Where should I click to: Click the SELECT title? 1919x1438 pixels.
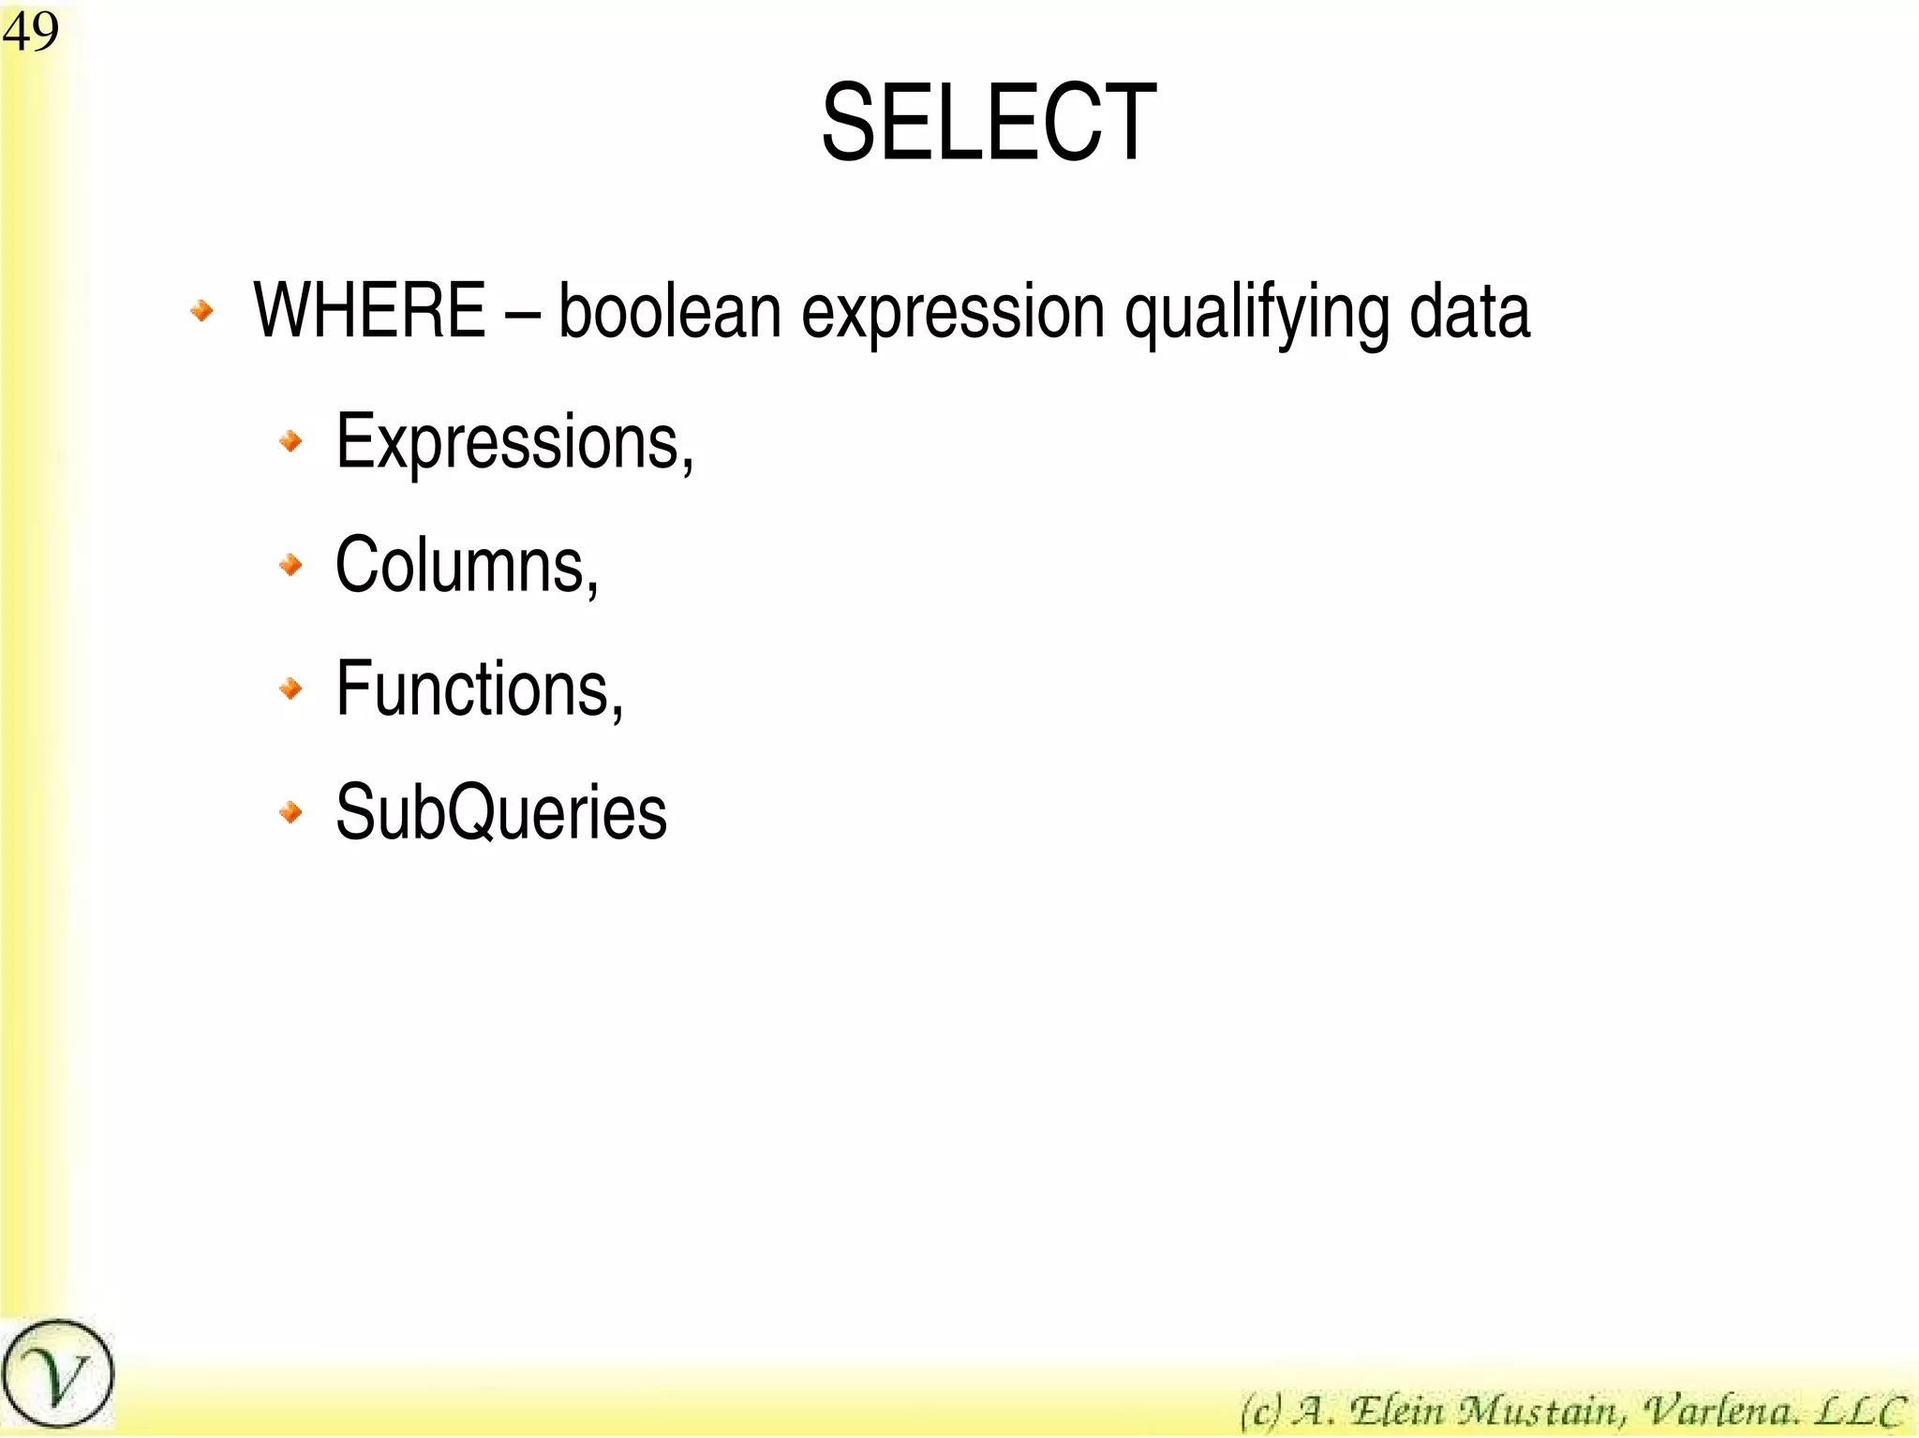point(989,123)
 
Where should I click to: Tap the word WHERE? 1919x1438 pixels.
point(369,310)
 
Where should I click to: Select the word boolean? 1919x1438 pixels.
point(669,310)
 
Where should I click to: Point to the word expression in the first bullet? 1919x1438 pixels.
point(953,312)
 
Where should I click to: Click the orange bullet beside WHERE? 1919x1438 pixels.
point(201,310)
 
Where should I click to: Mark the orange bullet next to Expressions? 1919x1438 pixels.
point(291,440)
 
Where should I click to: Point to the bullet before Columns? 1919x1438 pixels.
point(291,564)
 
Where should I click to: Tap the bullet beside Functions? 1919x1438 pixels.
point(291,689)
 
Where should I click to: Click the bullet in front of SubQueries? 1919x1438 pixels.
point(291,811)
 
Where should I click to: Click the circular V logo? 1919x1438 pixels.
point(58,1374)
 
